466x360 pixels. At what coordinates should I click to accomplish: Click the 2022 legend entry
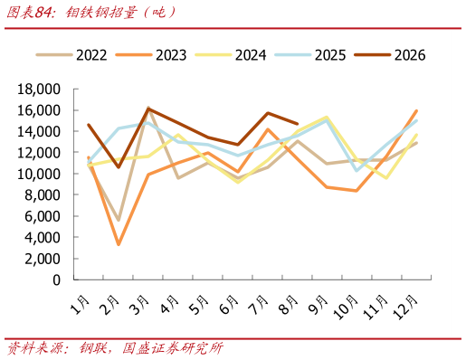tap(71, 55)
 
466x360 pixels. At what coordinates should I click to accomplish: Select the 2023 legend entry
tap(151, 55)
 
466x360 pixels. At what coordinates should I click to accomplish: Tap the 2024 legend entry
tap(231, 55)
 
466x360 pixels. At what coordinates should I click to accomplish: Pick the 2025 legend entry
tap(310, 55)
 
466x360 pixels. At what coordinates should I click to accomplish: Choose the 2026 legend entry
tap(390, 55)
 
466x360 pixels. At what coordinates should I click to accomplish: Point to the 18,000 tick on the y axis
tap(39, 90)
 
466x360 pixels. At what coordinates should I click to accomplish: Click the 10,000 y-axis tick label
tap(39, 174)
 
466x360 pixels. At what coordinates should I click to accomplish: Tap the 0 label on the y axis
tap(57, 280)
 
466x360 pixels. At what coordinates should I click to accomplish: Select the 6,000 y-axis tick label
tap(43, 216)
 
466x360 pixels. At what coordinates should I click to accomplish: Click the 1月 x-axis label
tap(81, 305)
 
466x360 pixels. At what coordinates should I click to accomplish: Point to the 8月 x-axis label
tap(290, 305)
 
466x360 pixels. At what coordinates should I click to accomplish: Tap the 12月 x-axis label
tap(405, 307)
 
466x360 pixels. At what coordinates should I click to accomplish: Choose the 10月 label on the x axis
tap(346, 307)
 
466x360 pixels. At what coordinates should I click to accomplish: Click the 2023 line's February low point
tap(119, 244)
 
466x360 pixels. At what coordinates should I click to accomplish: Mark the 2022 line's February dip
tap(119, 220)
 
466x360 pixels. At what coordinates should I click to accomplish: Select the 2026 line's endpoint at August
tap(298, 124)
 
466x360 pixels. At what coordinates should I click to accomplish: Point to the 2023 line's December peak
tap(416, 111)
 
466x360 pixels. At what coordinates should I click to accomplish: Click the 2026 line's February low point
tap(119, 167)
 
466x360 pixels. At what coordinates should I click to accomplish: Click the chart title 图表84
tap(30, 13)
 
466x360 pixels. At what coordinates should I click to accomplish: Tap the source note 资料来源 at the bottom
tap(35, 348)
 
